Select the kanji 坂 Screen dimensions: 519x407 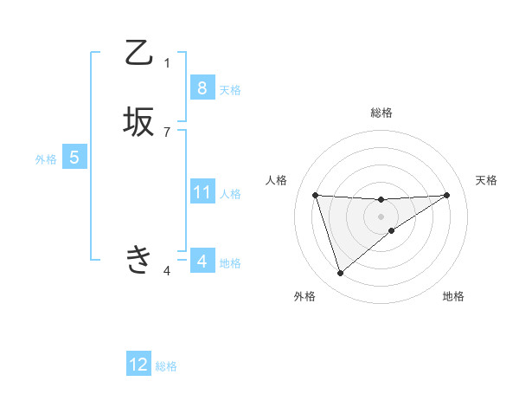tap(139, 121)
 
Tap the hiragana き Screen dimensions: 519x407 tap(139, 259)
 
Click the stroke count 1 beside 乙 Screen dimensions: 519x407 tap(167, 63)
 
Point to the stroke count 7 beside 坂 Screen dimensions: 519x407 tap(167, 132)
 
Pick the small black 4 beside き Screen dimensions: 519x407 tap(167, 271)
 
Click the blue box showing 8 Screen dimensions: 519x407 tap(202, 87)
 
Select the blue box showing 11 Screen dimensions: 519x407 tap(202, 191)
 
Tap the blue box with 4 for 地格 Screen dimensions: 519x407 tap(202, 261)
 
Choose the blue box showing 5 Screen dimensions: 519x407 tap(74, 158)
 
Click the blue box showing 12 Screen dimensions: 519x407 tap(138, 365)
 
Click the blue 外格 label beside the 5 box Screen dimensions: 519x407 tap(46, 159)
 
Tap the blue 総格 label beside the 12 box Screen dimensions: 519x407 tap(166, 366)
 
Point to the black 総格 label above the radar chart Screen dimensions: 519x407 tap(381, 113)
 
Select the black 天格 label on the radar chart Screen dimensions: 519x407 tap(486, 180)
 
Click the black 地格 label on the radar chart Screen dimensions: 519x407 tap(453, 296)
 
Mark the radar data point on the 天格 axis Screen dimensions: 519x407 tap(446, 195)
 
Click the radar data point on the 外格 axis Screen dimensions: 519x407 tap(340, 274)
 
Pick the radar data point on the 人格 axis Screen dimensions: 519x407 tap(315, 195)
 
